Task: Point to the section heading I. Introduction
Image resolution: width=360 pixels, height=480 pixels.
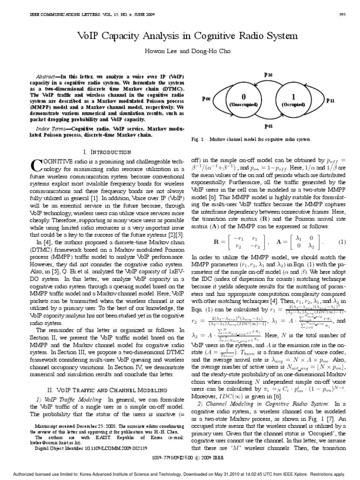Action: tap(107, 152)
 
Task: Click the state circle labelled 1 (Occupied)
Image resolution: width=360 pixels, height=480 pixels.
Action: tap(294, 100)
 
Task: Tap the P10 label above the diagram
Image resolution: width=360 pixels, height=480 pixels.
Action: tap(268, 75)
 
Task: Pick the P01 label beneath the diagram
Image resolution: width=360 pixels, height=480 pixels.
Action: tap(268, 126)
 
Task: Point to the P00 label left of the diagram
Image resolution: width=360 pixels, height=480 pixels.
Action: tap(206, 99)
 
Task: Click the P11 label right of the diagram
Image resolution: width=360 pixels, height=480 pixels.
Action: tap(330, 100)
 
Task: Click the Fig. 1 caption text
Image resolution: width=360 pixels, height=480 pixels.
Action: tap(253, 140)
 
